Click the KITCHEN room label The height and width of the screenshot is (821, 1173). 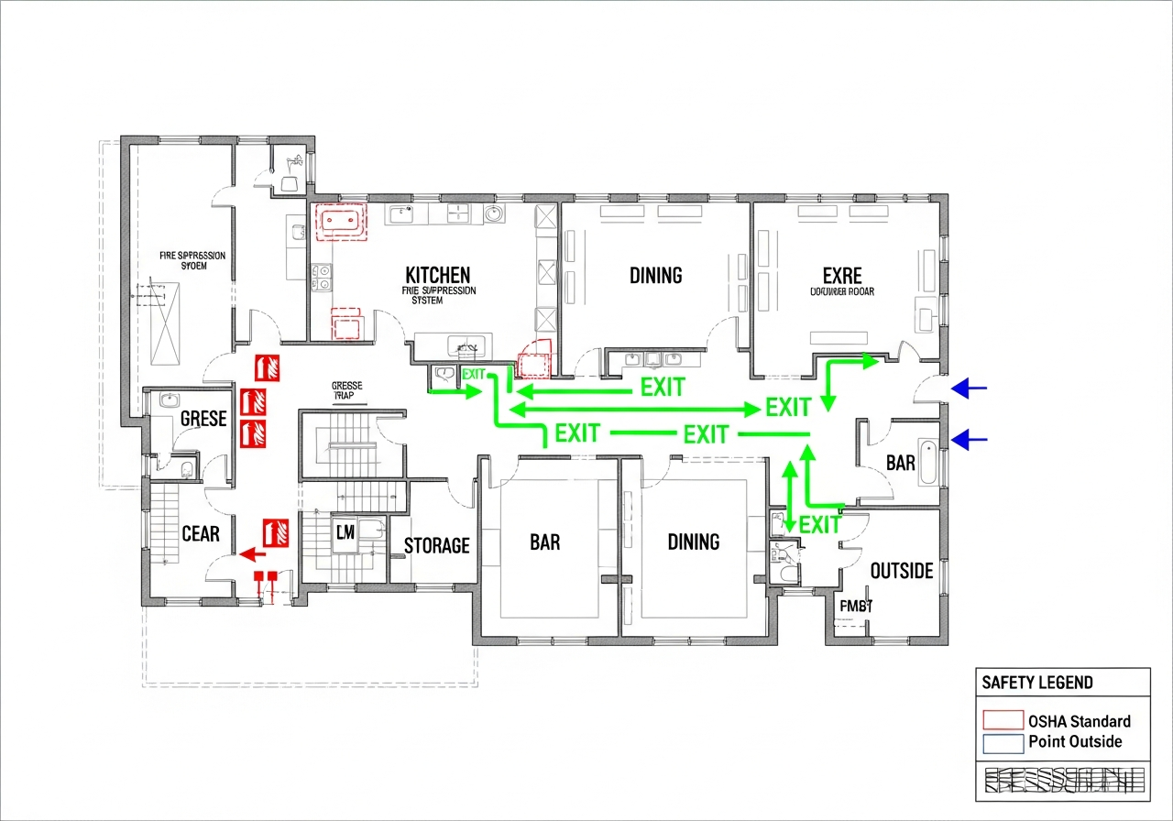(x=438, y=275)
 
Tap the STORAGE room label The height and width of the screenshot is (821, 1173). (x=436, y=546)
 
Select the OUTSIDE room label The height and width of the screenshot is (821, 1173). (x=901, y=572)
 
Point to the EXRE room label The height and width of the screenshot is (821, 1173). (x=841, y=275)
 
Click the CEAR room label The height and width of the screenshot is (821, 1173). (x=200, y=534)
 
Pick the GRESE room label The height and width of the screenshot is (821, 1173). (x=203, y=419)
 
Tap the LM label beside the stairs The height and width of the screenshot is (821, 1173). (x=345, y=532)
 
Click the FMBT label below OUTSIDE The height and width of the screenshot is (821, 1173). (x=856, y=606)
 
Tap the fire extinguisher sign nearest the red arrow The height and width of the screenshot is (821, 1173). (x=276, y=532)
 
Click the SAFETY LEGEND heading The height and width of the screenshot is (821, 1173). (x=1036, y=683)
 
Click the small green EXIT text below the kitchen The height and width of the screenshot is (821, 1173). (x=474, y=374)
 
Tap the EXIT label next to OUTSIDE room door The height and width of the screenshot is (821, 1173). (x=819, y=525)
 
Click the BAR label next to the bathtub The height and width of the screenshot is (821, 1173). (x=900, y=464)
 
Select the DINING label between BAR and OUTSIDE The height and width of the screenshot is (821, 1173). (x=693, y=542)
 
